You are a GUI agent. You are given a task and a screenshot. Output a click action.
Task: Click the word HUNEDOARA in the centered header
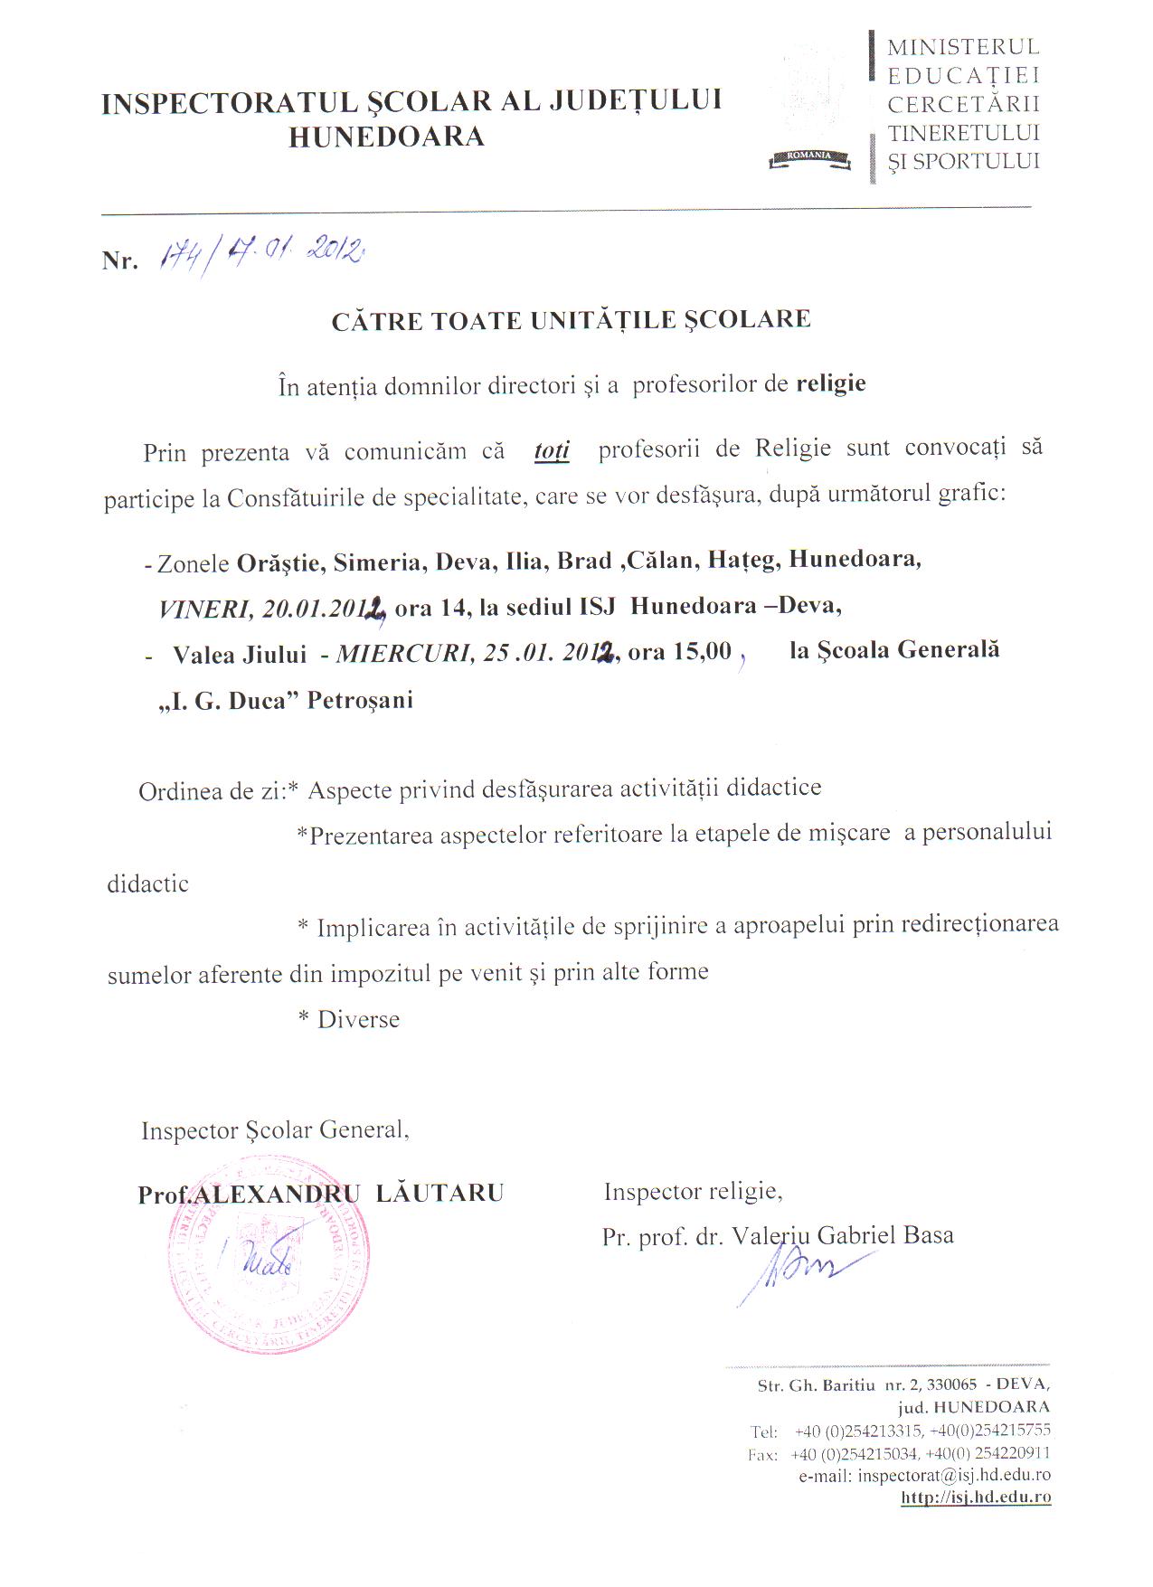(386, 137)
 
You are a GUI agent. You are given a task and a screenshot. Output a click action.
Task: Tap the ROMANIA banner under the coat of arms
(809, 156)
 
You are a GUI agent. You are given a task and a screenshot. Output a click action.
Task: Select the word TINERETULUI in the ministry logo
(963, 133)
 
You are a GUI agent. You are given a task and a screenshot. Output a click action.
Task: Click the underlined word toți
(552, 450)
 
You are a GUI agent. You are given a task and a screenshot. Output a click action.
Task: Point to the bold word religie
(830, 383)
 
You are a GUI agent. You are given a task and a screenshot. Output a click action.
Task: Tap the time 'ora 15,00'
(679, 651)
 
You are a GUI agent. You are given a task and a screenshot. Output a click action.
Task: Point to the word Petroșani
(360, 701)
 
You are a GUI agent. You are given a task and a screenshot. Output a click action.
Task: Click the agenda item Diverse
(358, 1019)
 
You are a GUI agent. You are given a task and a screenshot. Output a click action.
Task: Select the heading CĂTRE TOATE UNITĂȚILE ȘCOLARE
(571, 320)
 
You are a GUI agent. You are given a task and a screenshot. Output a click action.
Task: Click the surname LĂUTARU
(439, 1194)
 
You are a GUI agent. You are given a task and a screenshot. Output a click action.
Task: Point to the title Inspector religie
(692, 1191)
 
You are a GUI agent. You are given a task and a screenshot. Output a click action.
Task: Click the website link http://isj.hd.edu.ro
(976, 1497)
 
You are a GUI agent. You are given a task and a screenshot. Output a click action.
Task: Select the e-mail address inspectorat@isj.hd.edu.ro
(953, 1476)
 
